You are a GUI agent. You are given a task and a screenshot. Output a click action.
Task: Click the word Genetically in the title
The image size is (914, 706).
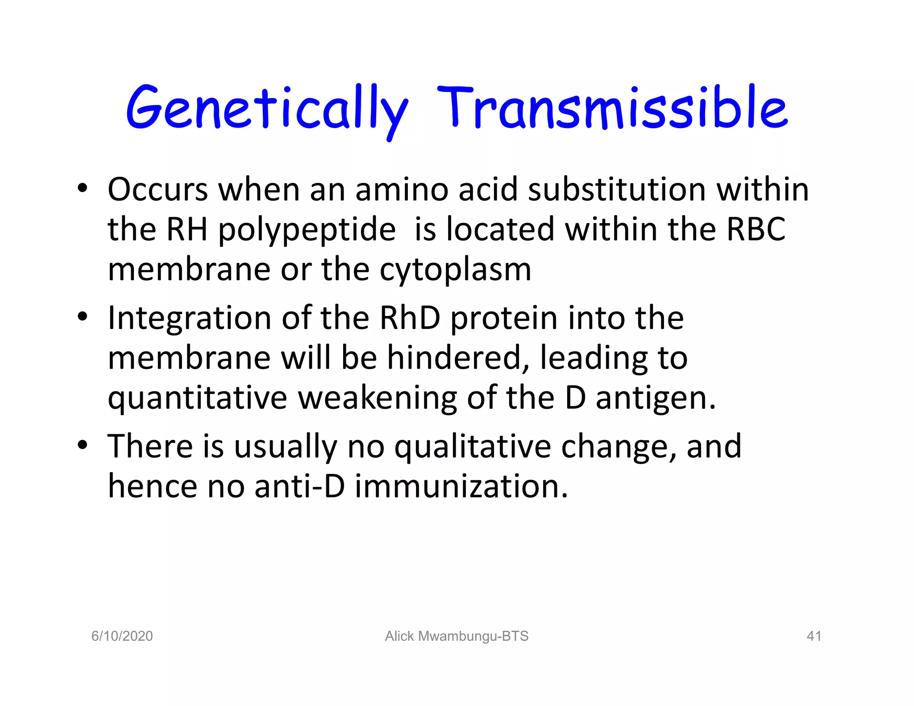(x=267, y=109)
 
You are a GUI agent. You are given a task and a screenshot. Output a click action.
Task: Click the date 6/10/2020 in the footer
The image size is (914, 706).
(x=122, y=636)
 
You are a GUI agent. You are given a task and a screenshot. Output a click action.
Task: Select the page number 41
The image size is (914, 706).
(x=814, y=636)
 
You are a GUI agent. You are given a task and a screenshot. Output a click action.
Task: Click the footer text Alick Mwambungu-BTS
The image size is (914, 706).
(x=457, y=636)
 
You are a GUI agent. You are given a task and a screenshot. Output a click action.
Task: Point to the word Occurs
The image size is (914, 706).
(x=158, y=190)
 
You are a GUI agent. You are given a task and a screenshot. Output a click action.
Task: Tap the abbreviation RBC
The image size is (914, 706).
(x=756, y=229)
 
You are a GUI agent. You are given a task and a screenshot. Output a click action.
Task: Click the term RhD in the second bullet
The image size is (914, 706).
(x=410, y=318)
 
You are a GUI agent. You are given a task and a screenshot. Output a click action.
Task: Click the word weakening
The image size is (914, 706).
(x=377, y=399)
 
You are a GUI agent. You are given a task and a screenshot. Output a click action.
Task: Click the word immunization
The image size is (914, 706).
(x=461, y=486)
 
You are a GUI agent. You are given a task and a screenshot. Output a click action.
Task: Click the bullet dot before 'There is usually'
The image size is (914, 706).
(x=82, y=445)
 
